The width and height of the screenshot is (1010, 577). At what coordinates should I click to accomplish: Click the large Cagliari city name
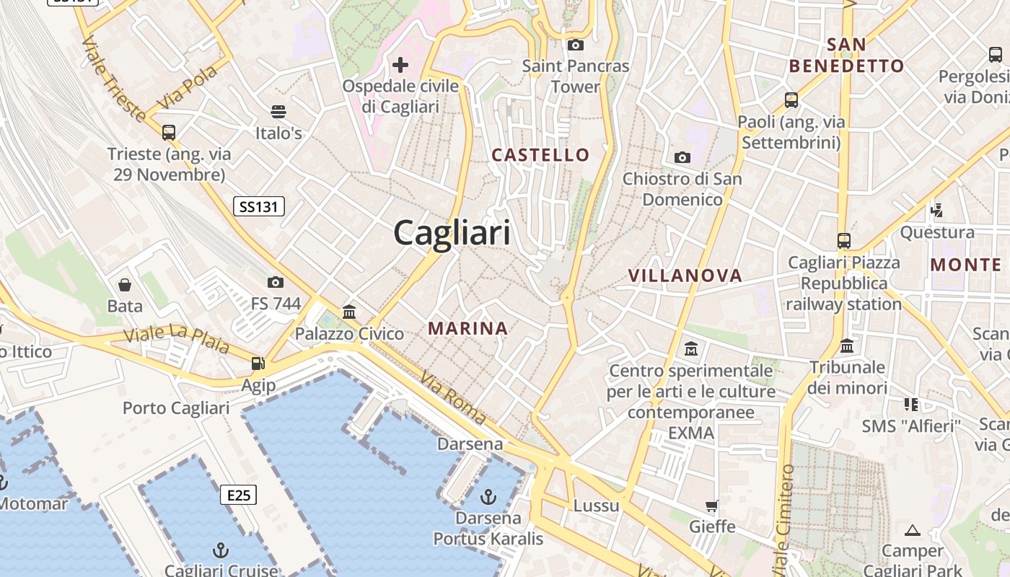pos(452,233)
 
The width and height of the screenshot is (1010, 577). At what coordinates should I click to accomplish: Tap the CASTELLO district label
pos(540,154)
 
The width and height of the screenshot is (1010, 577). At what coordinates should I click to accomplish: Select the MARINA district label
pos(468,328)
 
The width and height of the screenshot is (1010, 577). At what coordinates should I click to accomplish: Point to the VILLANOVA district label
pos(685,275)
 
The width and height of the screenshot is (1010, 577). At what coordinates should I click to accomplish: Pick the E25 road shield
pos(238,495)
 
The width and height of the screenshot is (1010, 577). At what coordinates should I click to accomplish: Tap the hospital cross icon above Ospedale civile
pos(400,65)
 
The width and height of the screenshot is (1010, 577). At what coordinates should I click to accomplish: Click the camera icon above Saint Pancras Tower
pos(575,45)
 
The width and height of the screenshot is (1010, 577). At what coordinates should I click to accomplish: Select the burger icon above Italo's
pos(278,111)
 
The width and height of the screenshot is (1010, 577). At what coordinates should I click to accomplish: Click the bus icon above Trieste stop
pos(169,133)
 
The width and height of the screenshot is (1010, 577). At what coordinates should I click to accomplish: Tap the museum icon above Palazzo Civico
pos(349,312)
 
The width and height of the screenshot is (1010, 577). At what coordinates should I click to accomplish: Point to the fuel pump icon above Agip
pos(258,364)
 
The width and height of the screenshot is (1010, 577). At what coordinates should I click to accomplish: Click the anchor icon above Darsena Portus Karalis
pos(488,496)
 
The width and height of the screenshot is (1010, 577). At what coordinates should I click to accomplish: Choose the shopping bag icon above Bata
pos(125,284)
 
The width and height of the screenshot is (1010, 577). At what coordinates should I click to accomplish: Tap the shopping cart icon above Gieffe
pos(712,506)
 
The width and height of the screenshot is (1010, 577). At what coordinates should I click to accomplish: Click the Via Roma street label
pos(454,397)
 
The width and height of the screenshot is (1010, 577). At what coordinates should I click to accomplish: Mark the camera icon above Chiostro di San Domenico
pos(682,157)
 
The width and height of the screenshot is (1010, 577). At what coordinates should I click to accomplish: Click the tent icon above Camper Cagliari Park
pos(913,531)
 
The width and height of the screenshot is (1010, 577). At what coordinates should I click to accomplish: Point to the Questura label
pos(937,232)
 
